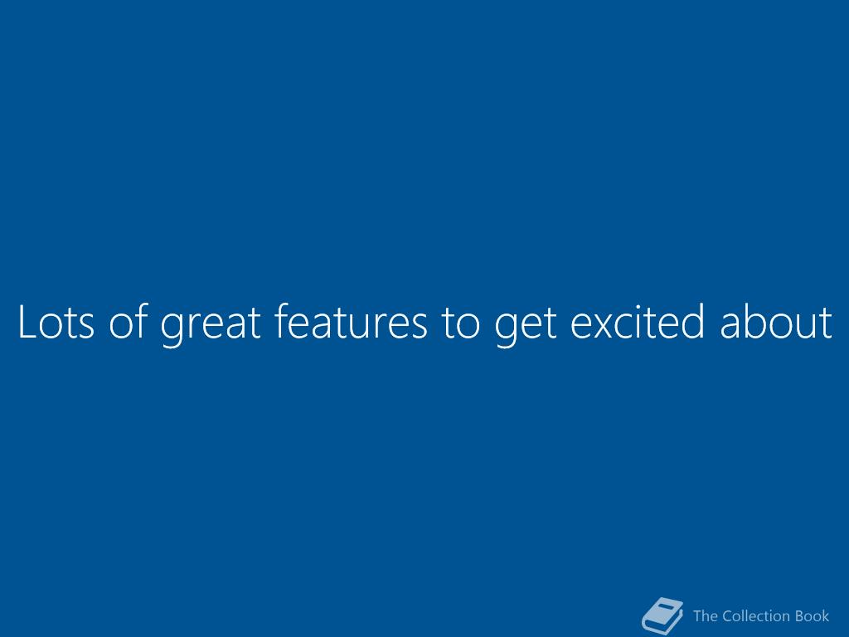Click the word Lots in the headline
click(x=56, y=322)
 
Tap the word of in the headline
click(x=129, y=321)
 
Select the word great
click(x=211, y=325)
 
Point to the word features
click(x=351, y=321)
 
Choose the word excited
click(x=638, y=321)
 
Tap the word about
click(x=776, y=321)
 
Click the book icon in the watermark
click(x=662, y=615)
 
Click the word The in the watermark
click(x=706, y=616)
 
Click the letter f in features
click(x=283, y=321)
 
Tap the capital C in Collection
click(x=728, y=616)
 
